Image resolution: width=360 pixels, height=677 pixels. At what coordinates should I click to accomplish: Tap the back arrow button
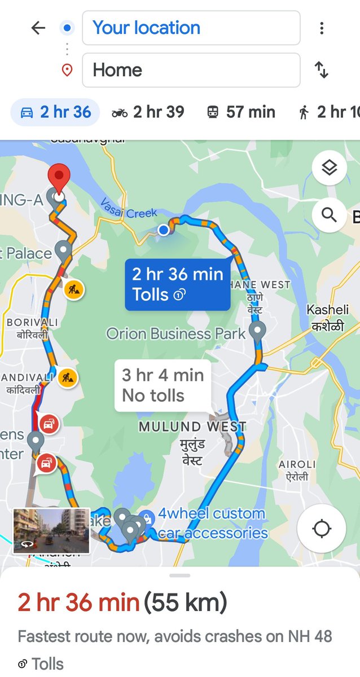38,28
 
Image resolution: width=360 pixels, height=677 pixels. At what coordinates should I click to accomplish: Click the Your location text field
191,28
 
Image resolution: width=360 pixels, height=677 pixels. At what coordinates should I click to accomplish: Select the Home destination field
191,70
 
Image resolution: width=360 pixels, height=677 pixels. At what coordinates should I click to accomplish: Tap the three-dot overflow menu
321,28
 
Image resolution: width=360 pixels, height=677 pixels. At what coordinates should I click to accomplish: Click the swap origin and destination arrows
321,70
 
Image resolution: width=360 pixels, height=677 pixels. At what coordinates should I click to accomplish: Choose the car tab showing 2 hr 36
55,112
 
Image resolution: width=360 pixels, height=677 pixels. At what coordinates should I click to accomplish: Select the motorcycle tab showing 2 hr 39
148,112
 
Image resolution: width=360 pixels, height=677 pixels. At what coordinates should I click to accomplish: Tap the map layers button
329,168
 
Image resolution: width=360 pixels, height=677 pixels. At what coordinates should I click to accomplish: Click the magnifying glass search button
329,214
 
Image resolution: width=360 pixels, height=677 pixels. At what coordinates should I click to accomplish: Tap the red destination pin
58,179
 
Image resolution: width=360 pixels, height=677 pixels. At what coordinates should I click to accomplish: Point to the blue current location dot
164,230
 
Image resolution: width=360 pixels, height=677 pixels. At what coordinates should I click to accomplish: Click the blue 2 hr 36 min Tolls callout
177,284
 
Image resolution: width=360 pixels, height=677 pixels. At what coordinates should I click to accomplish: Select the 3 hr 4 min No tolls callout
163,385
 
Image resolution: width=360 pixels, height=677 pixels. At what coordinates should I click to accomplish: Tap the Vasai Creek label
129,210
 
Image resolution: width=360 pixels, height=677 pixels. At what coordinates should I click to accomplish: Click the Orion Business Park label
176,333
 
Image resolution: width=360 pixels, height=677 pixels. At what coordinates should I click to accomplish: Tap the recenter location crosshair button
322,529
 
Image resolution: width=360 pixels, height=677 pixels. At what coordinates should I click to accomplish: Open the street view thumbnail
51,531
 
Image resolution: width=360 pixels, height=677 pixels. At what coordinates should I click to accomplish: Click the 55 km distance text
186,603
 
